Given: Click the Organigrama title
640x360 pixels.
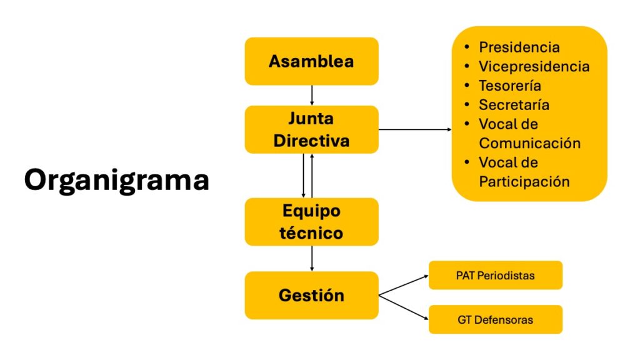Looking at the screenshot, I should click(x=117, y=180).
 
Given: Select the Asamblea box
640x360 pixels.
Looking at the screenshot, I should click(x=311, y=61).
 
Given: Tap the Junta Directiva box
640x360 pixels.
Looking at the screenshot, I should click(x=311, y=129).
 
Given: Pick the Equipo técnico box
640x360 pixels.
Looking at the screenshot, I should click(x=311, y=222).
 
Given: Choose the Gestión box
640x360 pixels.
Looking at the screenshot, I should click(x=311, y=295).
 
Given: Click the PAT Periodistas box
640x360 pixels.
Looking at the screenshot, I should click(x=496, y=275).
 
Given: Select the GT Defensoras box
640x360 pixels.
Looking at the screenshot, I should click(x=496, y=319).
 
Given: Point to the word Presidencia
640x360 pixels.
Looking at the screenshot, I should click(x=519, y=47).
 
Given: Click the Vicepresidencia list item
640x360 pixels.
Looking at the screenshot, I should click(x=534, y=66).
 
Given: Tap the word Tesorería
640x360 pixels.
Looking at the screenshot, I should click(x=510, y=86).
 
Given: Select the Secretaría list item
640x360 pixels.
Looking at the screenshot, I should click(x=514, y=105).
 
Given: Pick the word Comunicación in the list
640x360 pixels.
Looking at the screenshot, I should click(x=530, y=143).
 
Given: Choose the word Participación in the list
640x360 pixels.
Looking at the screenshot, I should click(x=524, y=182).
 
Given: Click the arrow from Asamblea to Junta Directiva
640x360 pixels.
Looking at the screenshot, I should click(x=311, y=95).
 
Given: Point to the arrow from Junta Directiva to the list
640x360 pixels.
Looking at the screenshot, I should click(x=415, y=129).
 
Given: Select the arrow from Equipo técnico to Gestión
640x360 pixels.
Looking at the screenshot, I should click(x=311, y=259).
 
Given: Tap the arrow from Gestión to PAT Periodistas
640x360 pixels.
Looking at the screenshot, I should click(x=404, y=284).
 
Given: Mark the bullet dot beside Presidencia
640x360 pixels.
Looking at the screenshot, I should click(x=467, y=47).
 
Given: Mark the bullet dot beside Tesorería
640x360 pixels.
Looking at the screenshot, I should click(x=467, y=86).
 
